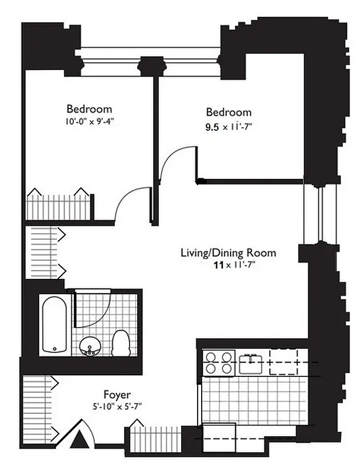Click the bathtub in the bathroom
pyautogui.click(x=55, y=324)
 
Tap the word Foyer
pyautogui.click(x=117, y=395)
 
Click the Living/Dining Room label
pyautogui.click(x=219, y=254)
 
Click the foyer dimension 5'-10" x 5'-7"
pyautogui.click(x=118, y=405)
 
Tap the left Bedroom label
pyautogui.click(x=89, y=109)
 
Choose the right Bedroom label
pyautogui.click(x=228, y=112)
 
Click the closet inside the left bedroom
pyautogui.click(x=59, y=205)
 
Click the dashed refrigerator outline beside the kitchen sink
pyautogui.click(x=284, y=362)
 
